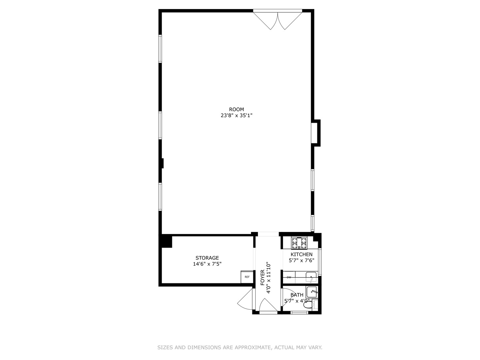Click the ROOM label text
pos(236,109)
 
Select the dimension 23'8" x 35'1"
pos(236,116)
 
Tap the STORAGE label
pos(207,258)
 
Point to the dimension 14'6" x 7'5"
pos(207,264)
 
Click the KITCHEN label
pos(301,254)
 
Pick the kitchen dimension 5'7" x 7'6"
pos(301,261)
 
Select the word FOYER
pos(262,277)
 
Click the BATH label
pos(297,295)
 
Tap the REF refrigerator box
pos(247,277)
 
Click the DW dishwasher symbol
pos(289,277)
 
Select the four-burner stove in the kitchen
pos(299,243)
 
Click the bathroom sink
pos(312,292)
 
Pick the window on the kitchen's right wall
pos(319,262)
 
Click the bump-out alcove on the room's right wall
pos(316,133)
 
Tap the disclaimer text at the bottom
pos(240,347)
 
